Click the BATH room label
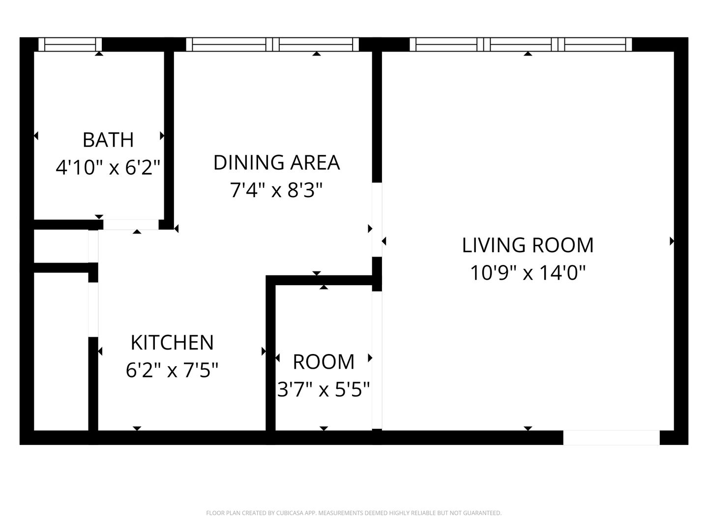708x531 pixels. [108, 140]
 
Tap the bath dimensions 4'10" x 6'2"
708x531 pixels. [108, 168]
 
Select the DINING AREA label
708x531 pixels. [276, 162]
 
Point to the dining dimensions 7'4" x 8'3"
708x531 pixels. [276, 190]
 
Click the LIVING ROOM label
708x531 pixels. [528, 245]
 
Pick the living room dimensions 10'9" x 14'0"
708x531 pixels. [528, 273]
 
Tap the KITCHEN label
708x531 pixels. [172, 342]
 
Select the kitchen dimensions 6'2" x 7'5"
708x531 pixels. [172, 370]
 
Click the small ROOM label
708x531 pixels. [324, 362]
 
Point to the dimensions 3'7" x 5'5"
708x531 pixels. [324, 389]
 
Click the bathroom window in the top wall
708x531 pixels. [70, 44]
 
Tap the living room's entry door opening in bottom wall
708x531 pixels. [611, 438]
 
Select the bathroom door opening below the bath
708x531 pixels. [131, 225]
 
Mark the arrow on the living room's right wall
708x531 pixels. [672, 241]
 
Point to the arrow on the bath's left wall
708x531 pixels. [36, 136]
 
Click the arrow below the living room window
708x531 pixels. [528, 54]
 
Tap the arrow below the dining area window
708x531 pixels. [317, 54]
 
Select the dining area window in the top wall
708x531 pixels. [272, 44]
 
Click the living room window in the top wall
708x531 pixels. [521, 44]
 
